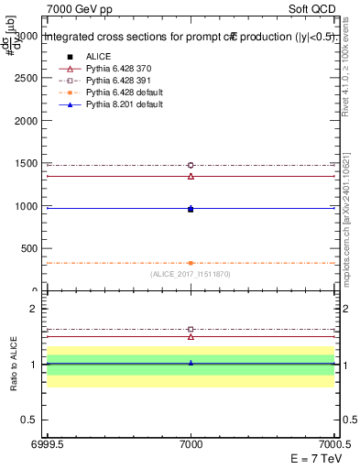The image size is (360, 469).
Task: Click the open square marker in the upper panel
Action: click(191, 165)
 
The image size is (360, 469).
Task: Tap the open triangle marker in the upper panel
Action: click(191, 176)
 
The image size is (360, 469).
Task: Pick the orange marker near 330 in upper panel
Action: click(191, 263)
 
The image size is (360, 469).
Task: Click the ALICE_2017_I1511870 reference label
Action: click(191, 274)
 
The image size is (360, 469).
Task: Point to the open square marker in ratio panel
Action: click(191, 329)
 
